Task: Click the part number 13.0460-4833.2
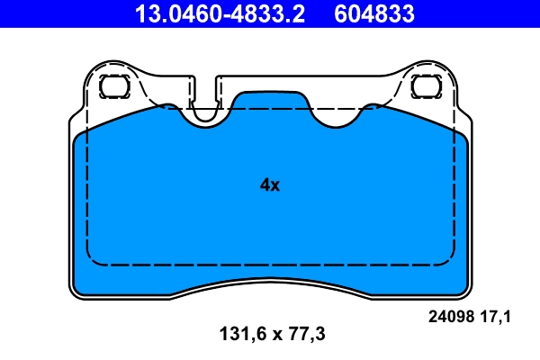220,13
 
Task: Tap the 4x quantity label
270,185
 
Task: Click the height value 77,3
305,334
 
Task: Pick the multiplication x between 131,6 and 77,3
270,335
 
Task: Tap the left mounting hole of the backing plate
113,86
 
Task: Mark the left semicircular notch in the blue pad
205,115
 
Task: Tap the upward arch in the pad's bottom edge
270,281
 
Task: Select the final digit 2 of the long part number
300,13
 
